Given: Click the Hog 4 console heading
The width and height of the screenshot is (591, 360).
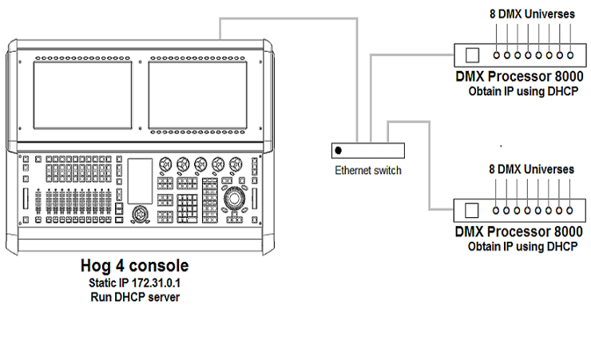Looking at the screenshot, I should pyautogui.click(x=135, y=265).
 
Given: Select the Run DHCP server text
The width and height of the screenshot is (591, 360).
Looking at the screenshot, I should pyautogui.click(x=134, y=297).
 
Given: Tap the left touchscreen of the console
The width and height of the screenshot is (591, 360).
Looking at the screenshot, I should pyautogui.click(x=82, y=96).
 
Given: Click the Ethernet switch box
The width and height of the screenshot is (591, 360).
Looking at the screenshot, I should pyautogui.click(x=368, y=151).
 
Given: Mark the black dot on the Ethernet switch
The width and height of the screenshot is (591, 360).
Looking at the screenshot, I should pyautogui.click(x=339, y=151).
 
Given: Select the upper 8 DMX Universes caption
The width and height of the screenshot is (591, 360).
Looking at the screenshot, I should pyautogui.click(x=531, y=14).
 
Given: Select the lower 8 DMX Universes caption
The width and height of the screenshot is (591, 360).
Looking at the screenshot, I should pyautogui.click(x=531, y=169).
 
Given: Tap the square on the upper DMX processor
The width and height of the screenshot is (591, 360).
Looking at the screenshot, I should pyautogui.click(x=472, y=55).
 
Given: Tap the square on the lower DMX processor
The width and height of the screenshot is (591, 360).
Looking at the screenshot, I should pyautogui.click(x=472, y=211).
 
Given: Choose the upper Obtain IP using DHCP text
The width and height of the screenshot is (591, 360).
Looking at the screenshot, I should pyautogui.click(x=522, y=92).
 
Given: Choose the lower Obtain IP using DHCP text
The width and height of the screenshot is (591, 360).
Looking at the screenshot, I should pyautogui.click(x=522, y=247).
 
